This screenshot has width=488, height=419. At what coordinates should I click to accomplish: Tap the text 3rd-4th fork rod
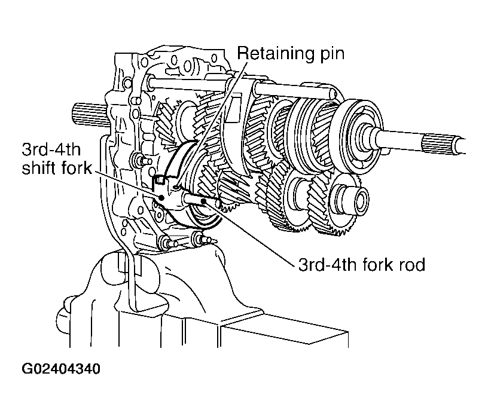[362, 264]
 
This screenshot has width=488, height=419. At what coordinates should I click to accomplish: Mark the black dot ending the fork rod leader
[205, 201]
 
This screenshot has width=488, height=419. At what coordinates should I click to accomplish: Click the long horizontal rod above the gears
[293, 88]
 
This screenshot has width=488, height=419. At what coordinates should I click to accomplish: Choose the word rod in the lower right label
[412, 264]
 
